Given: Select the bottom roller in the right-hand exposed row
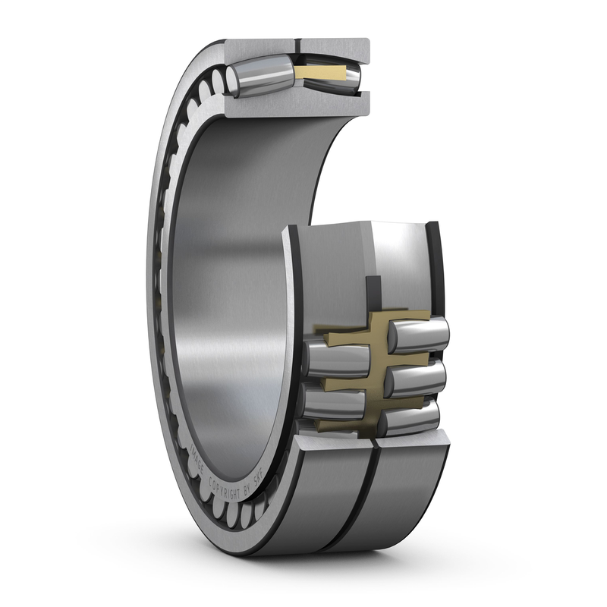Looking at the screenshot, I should click(x=414, y=416).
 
